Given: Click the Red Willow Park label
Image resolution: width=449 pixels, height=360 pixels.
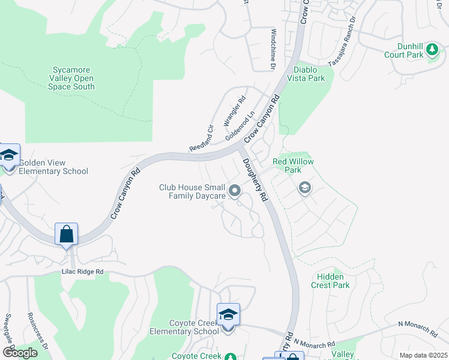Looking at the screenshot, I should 287,166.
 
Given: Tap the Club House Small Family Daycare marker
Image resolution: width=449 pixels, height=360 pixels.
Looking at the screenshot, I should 235,191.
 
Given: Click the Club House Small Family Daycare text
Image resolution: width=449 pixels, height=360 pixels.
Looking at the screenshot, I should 192,191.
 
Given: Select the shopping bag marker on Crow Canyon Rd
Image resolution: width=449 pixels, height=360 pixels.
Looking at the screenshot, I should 66,234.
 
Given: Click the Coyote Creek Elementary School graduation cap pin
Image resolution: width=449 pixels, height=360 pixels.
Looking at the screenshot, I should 228,315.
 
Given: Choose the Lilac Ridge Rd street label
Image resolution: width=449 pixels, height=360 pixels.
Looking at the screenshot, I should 83,272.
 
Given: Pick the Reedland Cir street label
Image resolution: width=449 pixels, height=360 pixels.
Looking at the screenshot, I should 202,137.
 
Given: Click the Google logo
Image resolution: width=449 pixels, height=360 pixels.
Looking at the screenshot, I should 19,353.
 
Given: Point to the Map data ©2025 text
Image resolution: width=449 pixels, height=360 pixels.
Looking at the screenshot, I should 423,355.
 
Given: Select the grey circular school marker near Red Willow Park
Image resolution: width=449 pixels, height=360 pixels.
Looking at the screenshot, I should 304,188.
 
